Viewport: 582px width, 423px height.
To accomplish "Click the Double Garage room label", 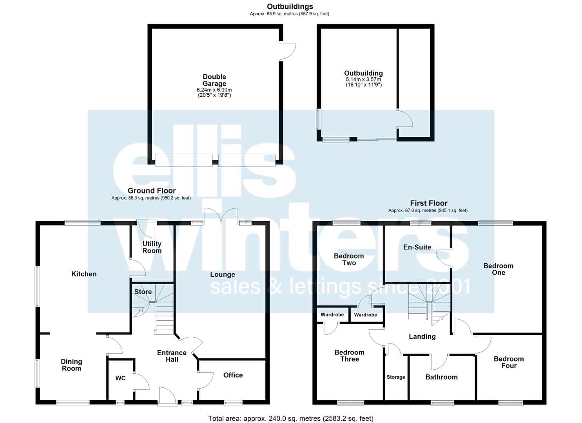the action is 214,80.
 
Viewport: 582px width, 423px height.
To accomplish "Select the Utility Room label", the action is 152,247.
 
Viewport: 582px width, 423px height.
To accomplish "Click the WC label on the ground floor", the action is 120,378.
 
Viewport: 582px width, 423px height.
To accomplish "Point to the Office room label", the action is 233,375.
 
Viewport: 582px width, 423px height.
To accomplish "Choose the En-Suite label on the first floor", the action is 417,247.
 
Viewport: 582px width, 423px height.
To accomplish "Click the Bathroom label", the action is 441,377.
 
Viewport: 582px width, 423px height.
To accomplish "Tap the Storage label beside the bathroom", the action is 396,377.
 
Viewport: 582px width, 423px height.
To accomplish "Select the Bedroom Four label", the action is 509,362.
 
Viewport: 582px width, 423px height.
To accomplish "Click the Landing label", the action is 422,336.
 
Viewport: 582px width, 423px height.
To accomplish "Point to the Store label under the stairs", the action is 143,292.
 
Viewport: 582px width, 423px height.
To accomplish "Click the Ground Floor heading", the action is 152,191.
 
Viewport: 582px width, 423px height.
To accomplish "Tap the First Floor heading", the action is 429,203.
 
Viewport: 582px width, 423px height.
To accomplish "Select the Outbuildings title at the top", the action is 290,7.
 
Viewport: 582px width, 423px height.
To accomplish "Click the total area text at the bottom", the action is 291,418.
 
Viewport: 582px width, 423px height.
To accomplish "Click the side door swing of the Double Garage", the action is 288,51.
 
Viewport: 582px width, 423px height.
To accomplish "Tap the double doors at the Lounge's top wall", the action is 221,215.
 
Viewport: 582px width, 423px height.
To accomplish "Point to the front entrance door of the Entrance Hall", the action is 168,396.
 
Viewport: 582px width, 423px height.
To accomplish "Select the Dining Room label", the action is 71,365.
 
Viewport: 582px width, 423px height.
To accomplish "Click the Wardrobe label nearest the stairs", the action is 365,315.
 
